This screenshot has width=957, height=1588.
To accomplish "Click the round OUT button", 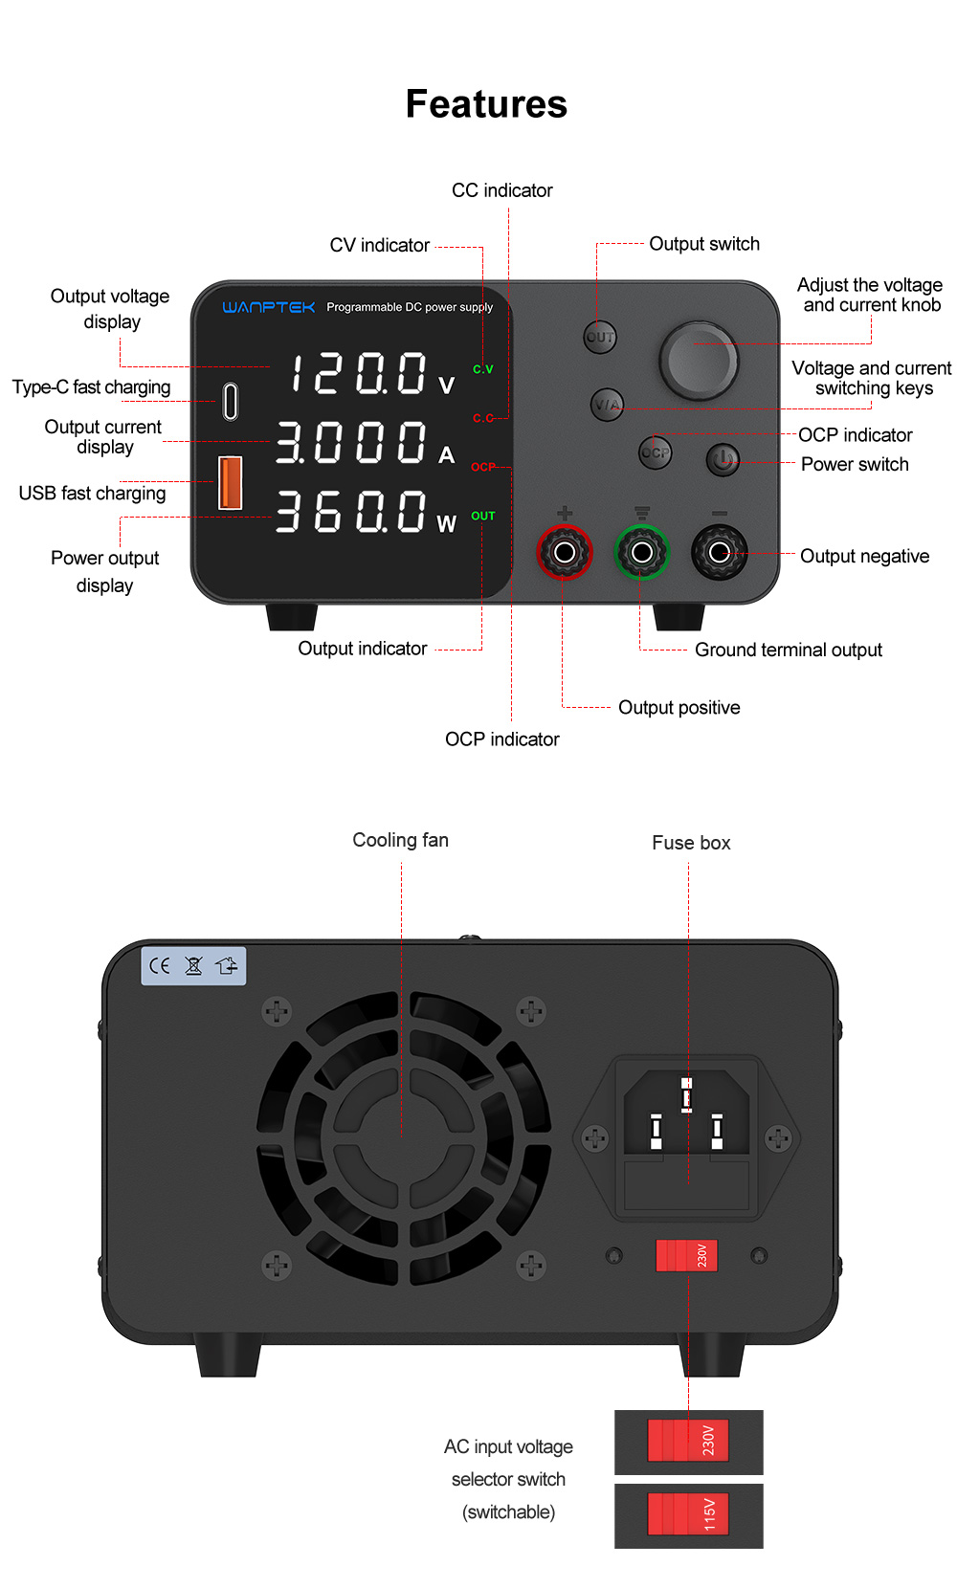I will point(600,337).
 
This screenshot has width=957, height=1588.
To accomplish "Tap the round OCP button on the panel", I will point(656,452).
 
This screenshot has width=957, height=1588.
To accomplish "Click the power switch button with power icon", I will point(723,459).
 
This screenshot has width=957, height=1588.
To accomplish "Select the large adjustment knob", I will point(699,361).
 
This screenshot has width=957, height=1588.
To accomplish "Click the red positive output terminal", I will point(565,552).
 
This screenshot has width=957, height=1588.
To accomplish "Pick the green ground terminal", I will point(642,552).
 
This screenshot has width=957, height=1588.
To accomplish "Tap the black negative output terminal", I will point(719,552).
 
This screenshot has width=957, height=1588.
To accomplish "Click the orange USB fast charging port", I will point(231,482).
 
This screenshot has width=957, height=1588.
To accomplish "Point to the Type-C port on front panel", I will point(231,401).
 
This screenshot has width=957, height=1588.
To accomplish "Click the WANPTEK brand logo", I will point(268,307).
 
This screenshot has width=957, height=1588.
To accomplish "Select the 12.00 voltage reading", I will point(358,373).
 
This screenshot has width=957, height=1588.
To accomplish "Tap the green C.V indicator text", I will point(483,369).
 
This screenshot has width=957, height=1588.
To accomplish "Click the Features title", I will point(486,104).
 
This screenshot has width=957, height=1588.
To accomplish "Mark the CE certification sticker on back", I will point(194,966).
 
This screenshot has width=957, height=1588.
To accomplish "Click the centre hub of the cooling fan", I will point(403,1138).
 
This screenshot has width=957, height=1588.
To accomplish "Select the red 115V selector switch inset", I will point(688,1514).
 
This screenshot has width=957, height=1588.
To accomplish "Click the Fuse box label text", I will point(691,843).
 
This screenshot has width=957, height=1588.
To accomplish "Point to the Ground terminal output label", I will point(788,650).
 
